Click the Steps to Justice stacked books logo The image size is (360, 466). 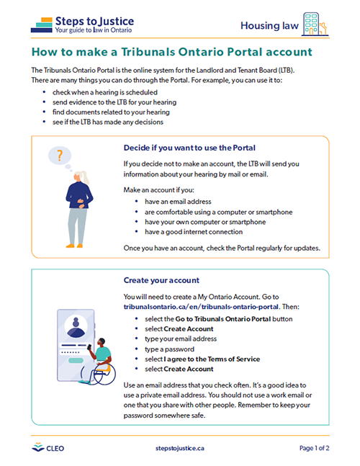[x=42, y=25]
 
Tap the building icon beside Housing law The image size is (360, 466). [x=315, y=24]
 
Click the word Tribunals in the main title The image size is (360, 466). [x=148, y=52]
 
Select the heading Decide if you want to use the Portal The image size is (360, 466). [x=189, y=148]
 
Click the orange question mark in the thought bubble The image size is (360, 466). [x=60, y=156]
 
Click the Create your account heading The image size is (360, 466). [x=161, y=280]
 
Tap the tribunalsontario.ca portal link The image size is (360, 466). [x=201, y=307]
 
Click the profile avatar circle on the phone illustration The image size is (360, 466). [x=76, y=326]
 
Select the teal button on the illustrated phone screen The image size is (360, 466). [x=76, y=361]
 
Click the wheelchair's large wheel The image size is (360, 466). [x=104, y=374]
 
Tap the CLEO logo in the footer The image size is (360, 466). [x=48, y=448]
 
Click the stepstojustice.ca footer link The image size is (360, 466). [x=180, y=448]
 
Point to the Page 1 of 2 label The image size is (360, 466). [x=314, y=448]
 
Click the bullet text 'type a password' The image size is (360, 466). [x=169, y=349]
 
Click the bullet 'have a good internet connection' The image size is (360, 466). [x=194, y=232]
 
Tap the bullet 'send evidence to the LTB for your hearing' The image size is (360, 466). [x=114, y=102]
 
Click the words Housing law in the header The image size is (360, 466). [x=269, y=25]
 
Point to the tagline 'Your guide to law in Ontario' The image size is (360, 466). [x=94, y=30]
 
